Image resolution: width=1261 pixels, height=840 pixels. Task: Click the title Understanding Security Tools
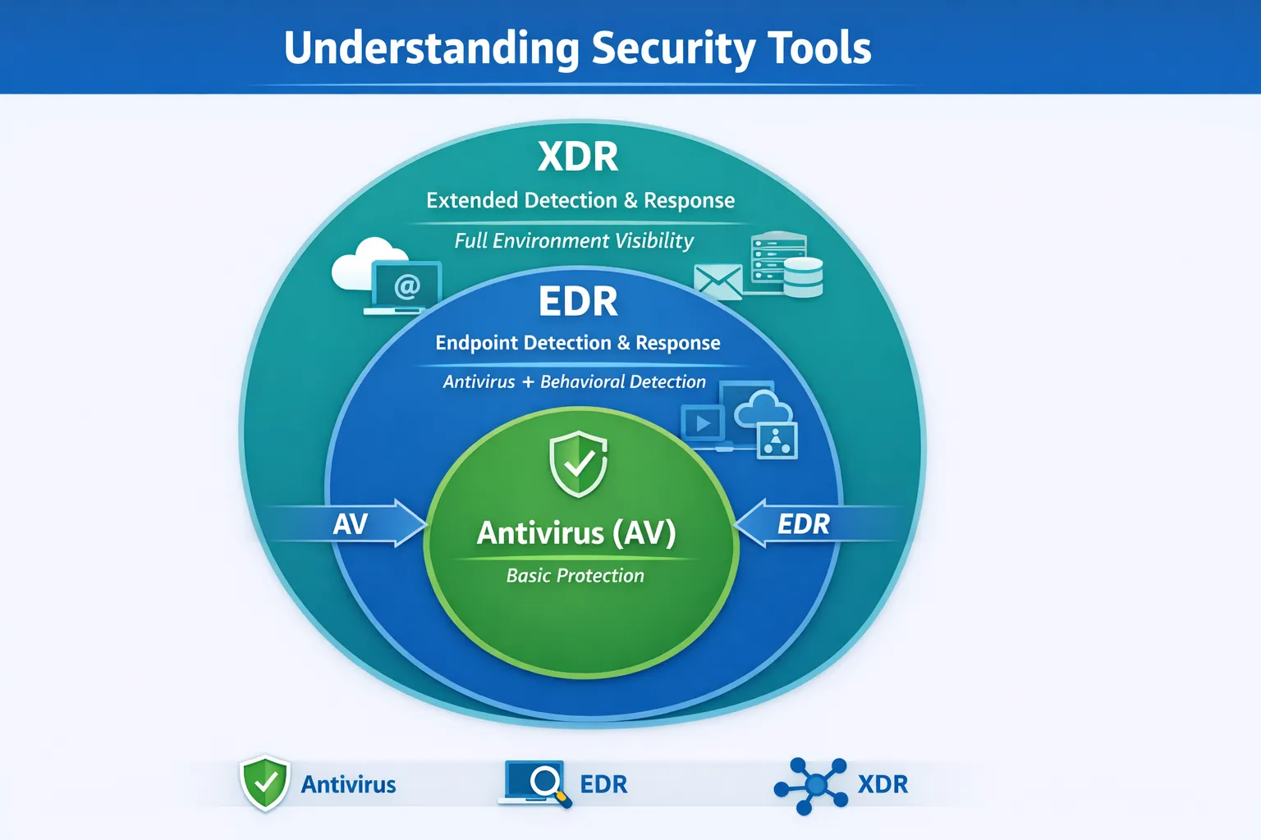pyautogui.click(x=577, y=48)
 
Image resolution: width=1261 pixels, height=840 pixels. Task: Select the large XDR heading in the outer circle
pyautogui.click(x=578, y=157)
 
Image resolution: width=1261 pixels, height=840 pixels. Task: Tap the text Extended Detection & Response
pyautogui.click(x=580, y=200)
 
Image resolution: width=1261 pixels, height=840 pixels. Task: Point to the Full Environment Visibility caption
pyautogui.click(x=574, y=240)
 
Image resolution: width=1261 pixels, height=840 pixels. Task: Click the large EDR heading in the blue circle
pyautogui.click(x=578, y=302)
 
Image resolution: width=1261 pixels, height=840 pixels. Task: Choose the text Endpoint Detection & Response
pyautogui.click(x=577, y=343)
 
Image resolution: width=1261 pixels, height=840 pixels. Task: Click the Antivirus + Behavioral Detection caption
pyautogui.click(x=574, y=381)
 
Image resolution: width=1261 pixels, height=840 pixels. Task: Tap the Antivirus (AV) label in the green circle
pyautogui.click(x=576, y=533)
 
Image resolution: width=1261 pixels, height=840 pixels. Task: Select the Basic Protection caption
pyautogui.click(x=575, y=576)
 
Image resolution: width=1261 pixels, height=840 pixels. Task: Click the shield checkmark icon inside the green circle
pyautogui.click(x=578, y=463)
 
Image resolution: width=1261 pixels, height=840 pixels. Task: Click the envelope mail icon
pyautogui.click(x=718, y=281)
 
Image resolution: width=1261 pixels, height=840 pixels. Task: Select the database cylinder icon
pyautogui.click(x=803, y=277)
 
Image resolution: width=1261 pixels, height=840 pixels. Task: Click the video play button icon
pyautogui.click(x=703, y=424)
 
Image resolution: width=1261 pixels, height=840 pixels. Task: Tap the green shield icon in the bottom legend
pyautogui.click(x=264, y=783)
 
